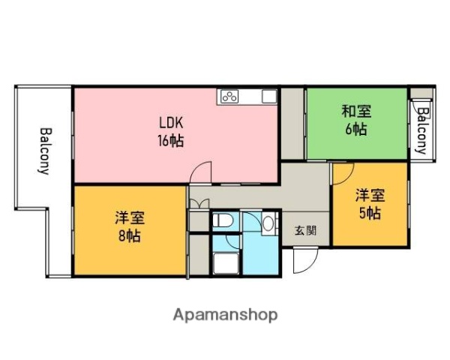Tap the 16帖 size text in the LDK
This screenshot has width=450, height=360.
[171, 139]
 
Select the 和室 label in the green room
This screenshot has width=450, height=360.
[356, 112]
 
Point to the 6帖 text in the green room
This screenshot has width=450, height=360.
[356, 129]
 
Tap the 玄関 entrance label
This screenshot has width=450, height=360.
[304, 230]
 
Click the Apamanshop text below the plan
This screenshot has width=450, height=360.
[224, 314]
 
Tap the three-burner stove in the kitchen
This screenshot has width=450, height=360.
[229, 96]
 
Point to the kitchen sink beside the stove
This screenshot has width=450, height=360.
[268, 96]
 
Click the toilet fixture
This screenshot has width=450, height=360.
[221, 223]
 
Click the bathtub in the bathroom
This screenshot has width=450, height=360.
[226, 263]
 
